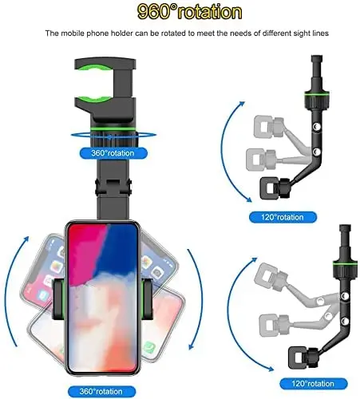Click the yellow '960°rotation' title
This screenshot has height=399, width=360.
pos(189,12)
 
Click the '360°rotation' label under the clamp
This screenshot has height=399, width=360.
pos(113,153)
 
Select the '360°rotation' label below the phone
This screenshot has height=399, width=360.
pos(101,392)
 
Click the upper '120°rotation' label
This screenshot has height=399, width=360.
pos(283,217)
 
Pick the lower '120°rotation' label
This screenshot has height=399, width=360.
pos(313,384)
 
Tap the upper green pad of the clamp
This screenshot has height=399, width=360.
pos(94,67)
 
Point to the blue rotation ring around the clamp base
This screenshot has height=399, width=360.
pos(113,136)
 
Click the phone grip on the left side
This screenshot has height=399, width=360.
pos(58,299)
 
